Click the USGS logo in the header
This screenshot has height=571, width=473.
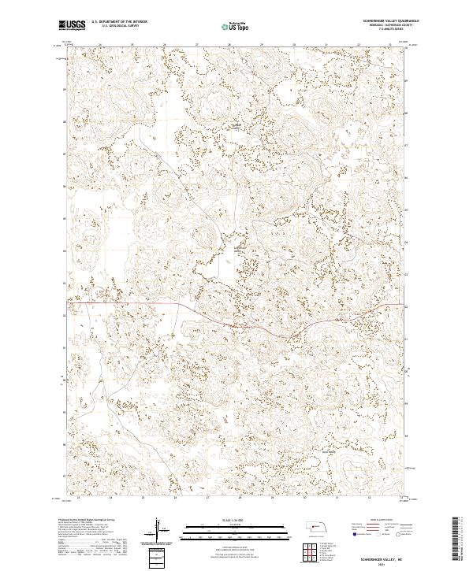click(73, 25)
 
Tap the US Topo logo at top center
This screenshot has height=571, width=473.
click(236, 25)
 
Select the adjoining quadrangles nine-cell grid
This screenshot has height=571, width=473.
click(309, 551)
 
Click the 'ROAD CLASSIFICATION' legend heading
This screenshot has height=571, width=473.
click(382, 521)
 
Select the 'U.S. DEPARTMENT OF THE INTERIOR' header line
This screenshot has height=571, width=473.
click(119, 21)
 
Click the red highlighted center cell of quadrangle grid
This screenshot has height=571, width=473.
click(309, 551)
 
